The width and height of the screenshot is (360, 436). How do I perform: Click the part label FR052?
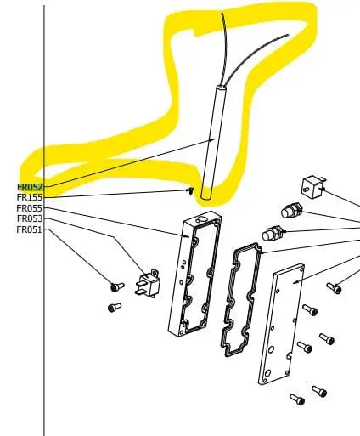30,187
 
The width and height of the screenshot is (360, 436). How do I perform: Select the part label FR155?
30,197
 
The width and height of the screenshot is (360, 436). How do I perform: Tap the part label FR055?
30,208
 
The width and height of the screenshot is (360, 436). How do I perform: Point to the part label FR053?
30,218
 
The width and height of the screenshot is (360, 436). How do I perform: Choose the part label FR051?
30,229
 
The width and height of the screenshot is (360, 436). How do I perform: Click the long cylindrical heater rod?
211,143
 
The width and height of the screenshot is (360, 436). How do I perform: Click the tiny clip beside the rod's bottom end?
191,191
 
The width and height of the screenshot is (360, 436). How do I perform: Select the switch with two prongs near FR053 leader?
148,283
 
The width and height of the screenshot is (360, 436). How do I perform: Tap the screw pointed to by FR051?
116,286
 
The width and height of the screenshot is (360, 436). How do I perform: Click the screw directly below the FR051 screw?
115,308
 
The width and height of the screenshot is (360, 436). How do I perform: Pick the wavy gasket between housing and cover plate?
240,299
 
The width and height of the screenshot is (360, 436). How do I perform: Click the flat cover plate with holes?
282,324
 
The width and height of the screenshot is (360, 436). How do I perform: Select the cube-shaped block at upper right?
313,188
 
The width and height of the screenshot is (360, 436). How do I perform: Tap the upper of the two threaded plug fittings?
291,210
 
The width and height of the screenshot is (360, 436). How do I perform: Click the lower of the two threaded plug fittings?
273,233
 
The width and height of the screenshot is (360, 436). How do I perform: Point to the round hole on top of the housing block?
202,219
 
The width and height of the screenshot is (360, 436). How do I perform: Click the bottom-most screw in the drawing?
297,399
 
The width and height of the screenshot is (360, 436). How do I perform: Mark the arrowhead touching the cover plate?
295,282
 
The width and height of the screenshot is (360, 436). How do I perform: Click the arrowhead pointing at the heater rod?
212,139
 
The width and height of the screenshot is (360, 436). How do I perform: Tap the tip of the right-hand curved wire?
288,35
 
